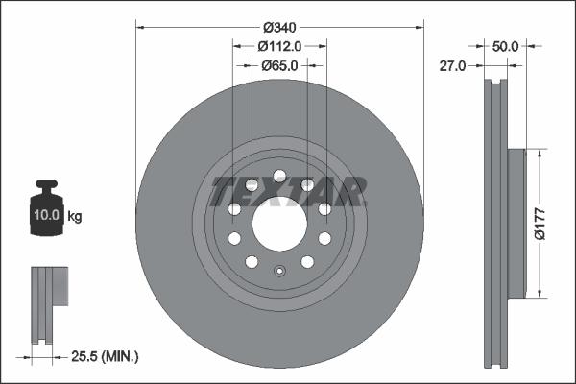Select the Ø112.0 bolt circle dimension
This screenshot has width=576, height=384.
[280, 46]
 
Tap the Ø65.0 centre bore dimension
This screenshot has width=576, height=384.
[280, 66]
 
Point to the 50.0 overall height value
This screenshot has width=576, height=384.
[505, 46]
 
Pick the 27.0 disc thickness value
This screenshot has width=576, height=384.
[452, 66]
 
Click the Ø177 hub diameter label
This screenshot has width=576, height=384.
[553, 222]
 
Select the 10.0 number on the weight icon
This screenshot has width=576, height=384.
[47, 216]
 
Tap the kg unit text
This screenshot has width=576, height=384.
[75, 216]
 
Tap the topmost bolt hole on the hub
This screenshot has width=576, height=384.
[279, 176]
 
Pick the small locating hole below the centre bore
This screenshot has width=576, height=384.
[279, 270]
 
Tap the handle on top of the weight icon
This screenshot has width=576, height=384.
[47, 185]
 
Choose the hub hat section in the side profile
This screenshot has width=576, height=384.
[516, 223]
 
